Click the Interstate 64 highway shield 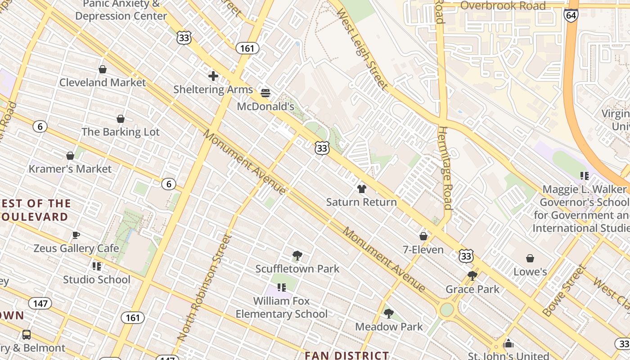(571, 16)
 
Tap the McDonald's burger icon (265, 93)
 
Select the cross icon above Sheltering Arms (213, 76)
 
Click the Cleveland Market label (103, 82)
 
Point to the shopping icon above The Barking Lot (121, 119)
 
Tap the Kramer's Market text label (70, 169)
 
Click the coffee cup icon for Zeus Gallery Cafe (76, 235)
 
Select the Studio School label (96, 279)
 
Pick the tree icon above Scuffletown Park (297, 256)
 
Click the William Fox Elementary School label (282, 307)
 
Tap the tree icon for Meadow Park (389, 313)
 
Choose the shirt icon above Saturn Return (361, 189)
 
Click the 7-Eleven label (423, 249)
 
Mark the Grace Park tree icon (472, 275)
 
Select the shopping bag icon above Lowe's (530, 258)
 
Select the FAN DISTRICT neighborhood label (346, 355)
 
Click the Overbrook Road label (503, 6)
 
